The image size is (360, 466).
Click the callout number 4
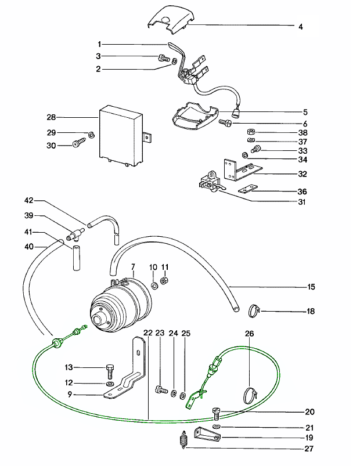(300, 27)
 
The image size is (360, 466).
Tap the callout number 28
(50, 117)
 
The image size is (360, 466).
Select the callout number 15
(312, 286)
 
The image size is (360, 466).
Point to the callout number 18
(311, 312)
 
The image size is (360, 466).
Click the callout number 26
(250, 334)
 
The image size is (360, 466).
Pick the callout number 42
(28, 201)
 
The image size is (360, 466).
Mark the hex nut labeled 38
(250, 132)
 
